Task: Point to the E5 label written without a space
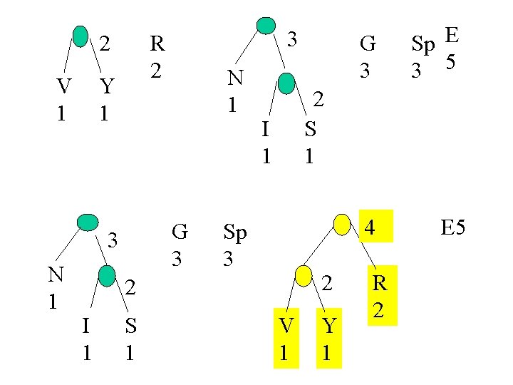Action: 452,228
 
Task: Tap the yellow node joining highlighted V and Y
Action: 303,276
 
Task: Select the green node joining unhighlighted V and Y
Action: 81,36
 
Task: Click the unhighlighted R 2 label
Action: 157,56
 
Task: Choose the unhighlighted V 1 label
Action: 63,99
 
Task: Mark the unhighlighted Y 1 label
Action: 106,99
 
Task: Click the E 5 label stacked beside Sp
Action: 450,47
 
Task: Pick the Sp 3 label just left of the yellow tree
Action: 235,245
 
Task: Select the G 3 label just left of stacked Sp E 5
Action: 368,56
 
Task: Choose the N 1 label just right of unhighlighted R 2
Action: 233,91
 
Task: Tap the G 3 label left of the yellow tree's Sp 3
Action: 180,245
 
